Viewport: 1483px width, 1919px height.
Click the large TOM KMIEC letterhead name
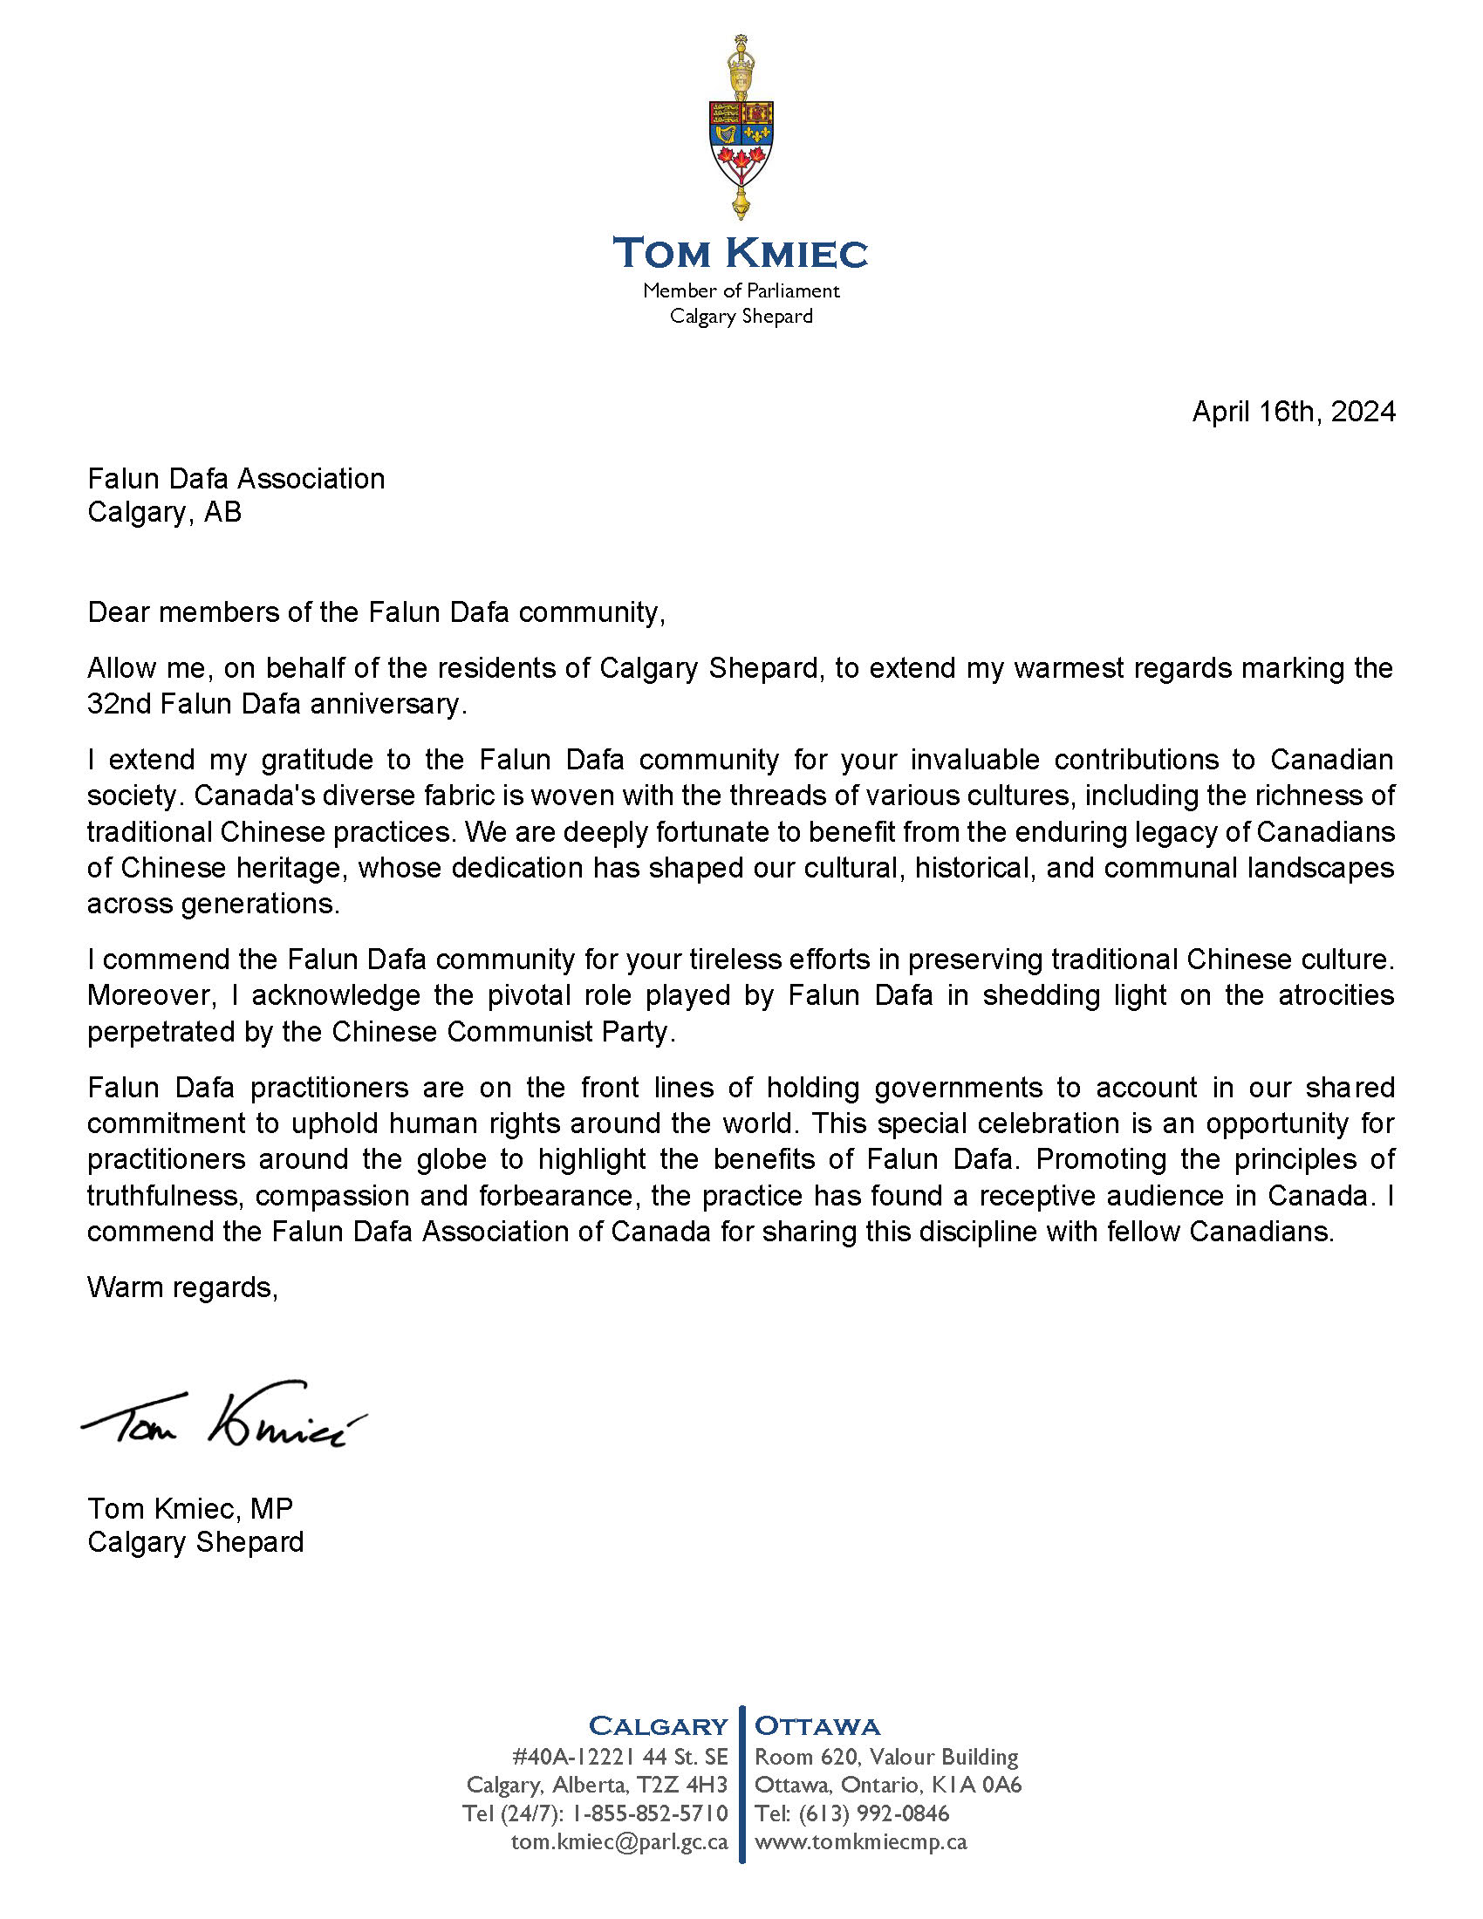click(741, 253)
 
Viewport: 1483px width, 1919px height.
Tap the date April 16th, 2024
click(1293, 411)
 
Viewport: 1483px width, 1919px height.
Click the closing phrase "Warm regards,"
click(182, 1287)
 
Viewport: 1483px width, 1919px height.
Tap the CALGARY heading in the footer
click(658, 1725)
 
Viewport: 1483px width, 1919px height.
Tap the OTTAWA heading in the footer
click(817, 1725)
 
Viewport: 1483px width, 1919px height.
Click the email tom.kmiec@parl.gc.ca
click(619, 1841)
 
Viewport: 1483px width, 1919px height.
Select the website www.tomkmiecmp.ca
click(861, 1841)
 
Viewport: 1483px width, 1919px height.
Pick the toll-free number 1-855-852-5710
click(650, 1813)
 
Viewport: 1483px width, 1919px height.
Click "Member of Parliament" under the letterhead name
click(741, 290)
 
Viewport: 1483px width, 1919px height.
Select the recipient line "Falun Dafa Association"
click(236, 478)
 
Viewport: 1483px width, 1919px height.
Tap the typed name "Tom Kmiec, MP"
click(190, 1508)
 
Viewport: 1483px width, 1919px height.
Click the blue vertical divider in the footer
click(742, 1784)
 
